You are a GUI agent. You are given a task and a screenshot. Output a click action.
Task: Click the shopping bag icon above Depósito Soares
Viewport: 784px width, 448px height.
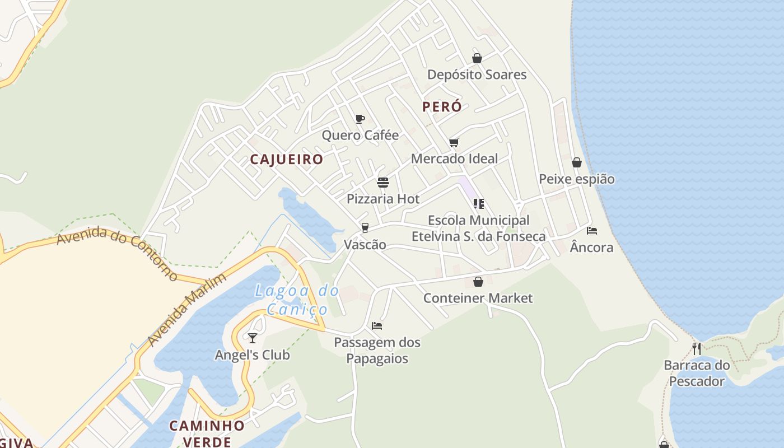(477, 58)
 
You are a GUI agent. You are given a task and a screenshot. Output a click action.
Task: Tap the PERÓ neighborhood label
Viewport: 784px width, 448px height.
(442, 106)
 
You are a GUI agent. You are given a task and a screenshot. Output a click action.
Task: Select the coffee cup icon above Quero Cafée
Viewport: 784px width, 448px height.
(360, 119)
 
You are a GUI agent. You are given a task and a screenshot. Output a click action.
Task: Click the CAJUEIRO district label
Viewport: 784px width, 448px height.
(287, 159)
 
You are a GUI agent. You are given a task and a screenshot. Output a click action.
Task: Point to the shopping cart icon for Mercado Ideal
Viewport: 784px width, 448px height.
(454, 142)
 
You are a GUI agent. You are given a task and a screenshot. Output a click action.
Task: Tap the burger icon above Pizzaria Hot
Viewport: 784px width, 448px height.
(383, 183)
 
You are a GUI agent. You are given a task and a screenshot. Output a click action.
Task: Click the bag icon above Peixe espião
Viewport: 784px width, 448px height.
(577, 162)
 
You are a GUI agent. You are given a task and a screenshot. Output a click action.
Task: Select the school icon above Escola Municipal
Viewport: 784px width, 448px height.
(478, 203)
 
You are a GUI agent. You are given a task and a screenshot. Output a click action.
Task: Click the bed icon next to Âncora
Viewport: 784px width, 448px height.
(592, 230)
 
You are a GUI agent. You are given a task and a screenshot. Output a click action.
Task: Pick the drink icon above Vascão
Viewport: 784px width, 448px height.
(365, 227)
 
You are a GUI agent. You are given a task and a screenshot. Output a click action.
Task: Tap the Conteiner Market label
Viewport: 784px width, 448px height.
(478, 298)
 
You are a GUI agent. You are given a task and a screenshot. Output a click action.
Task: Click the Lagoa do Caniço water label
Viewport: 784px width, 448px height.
(297, 300)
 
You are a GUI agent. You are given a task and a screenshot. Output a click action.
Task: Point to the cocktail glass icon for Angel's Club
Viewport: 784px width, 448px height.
(253, 338)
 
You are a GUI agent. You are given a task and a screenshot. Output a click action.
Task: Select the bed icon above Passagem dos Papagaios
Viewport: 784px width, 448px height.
(377, 325)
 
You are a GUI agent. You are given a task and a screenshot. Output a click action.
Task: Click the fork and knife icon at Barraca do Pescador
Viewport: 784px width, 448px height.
(697, 348)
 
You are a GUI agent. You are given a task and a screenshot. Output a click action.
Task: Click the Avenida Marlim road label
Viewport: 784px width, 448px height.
(187, 309)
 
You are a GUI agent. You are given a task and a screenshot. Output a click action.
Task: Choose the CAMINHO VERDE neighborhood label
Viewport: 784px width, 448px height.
(207, 433)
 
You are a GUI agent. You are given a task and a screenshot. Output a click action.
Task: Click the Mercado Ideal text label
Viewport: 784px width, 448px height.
(454, 158)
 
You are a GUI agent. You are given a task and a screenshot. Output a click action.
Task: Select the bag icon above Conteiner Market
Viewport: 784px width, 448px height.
(478, 282)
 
